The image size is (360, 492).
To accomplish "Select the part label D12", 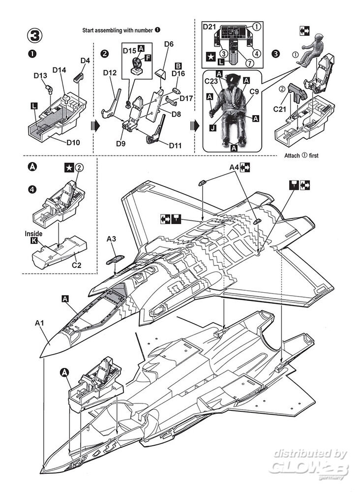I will [x=110, y=73].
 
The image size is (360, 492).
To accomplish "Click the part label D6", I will [x=169, y=44].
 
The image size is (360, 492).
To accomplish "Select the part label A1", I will [x=40, y=323].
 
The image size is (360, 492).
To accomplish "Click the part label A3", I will [x=112, y=239].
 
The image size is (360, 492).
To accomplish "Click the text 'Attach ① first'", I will [x=301, y=156].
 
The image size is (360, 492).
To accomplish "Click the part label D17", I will [x=186, y=98].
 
